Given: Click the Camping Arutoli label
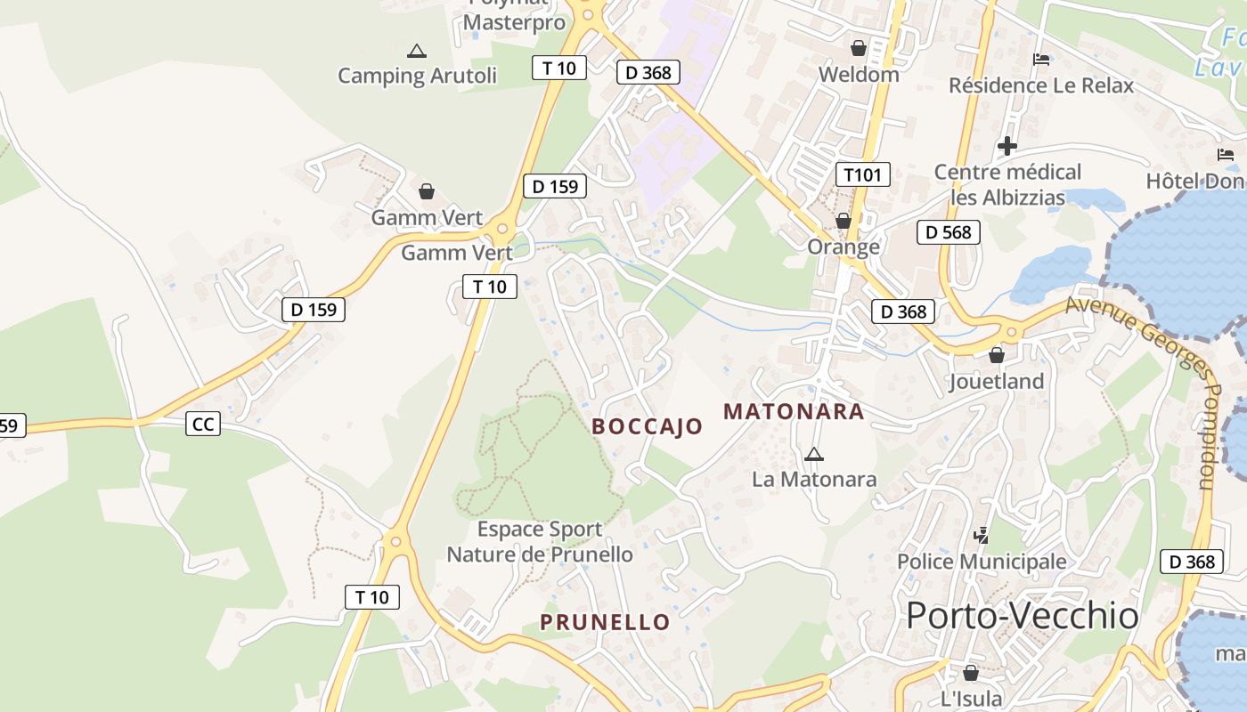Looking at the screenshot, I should [x=417, y=76].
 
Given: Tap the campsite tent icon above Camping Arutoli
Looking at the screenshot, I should [x=416, y=52].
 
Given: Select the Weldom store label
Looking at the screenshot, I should [x=859, y=74].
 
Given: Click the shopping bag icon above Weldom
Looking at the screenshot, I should [x=859, y=48].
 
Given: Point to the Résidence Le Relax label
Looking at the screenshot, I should [x=1041, y=85].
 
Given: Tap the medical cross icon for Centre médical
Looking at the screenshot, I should [x=1007, y=145].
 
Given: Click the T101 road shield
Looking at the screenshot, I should [x=863, y=174].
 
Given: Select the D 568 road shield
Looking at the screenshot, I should [x=949, y=232].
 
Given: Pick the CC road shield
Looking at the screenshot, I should [x=203, y=424].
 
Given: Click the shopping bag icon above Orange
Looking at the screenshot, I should [x=844, y=221].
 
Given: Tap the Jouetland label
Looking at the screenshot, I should [x=996, y=382].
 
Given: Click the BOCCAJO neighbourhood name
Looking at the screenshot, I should [x=648, y=426].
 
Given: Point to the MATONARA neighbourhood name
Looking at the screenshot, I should [x=794, y=411].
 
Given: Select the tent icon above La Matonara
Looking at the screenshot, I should [x=813, y=455].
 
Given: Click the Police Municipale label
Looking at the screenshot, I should [x=982, y=562].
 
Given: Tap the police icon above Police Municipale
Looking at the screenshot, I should [x=982, y=536].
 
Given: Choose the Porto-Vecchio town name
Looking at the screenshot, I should [x=1023, y=616].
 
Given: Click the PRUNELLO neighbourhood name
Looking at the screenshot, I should [x=605, y=622].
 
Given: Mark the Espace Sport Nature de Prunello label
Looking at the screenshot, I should [x=540, y=542].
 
